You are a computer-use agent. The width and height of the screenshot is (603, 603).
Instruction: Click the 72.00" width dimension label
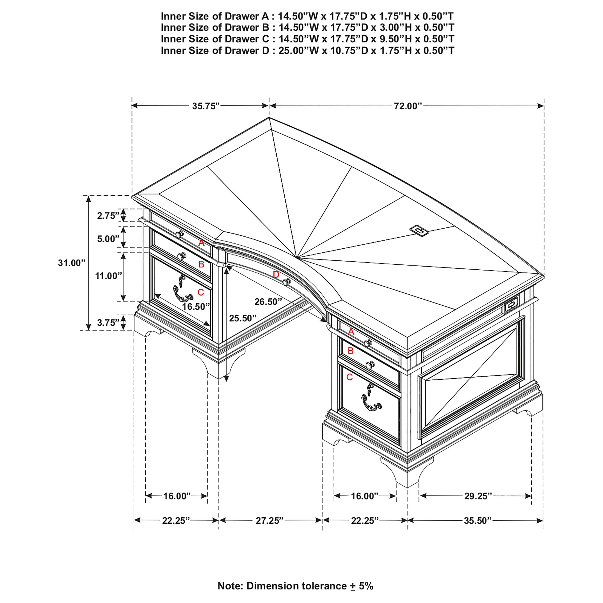point(408,106)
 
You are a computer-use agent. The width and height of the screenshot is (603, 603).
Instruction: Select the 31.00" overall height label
point(71,263)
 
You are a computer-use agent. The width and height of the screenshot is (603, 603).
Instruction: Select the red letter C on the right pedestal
point(349,377)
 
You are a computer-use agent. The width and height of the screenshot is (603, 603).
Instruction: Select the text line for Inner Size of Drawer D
point(308,51)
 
